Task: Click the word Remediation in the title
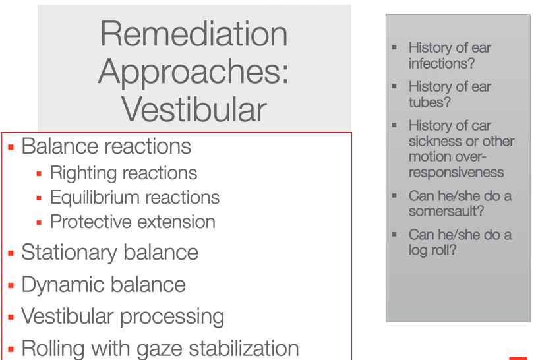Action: pos(194,34)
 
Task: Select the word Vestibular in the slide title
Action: pos(194,109)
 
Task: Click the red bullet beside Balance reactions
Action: pos(11,147)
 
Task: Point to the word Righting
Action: pos(80,173)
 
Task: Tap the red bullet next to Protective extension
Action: pos(39,223)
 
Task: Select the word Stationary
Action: pos(69,253)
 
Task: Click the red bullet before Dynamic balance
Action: pos(11,285)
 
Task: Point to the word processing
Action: pos(172,317)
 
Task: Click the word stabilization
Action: pos(243,348)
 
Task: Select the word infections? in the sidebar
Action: pos(442,63)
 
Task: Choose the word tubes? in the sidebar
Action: pos(430,102)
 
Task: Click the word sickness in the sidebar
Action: pos(434,141)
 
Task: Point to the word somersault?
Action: pos(446,211)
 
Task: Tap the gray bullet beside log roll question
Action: pos(394,235)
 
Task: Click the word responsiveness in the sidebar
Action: pos(456,172)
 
